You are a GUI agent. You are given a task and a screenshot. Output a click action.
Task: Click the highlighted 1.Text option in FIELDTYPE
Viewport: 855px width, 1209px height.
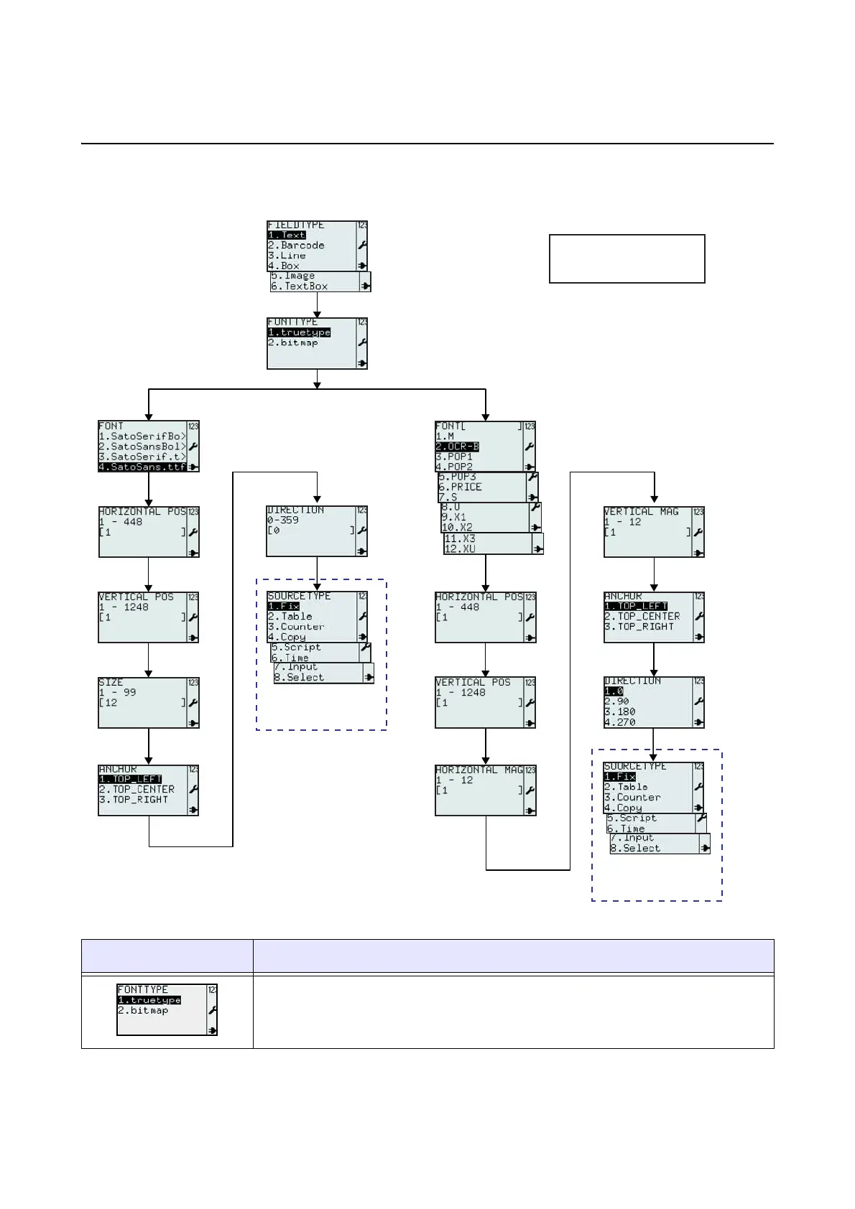tap(287, 235)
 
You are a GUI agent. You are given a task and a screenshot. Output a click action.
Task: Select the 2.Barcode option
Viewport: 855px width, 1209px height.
tap(296, 245)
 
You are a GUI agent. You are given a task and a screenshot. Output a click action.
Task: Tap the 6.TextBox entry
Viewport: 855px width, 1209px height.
tap(299, 286)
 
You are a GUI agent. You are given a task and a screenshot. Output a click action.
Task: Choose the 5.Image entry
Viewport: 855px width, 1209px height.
tap(292, 276)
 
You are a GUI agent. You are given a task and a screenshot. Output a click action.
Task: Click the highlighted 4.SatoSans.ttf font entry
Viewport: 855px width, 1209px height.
tap(142, 467)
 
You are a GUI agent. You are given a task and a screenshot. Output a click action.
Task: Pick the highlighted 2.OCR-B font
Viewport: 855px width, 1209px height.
tap(457, 447)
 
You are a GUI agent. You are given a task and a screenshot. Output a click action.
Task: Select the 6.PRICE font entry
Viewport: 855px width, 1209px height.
tap(460, 487)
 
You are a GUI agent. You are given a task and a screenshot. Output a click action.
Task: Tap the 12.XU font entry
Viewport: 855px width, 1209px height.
tap(460, 549)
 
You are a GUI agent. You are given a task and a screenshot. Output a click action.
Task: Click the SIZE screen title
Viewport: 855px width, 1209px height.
tap(111, 682)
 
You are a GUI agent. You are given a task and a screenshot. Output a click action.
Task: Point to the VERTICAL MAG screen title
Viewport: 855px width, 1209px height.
tap(641, 512)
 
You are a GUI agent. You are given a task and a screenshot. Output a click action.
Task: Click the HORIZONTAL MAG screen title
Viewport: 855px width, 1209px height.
tap(479, 770)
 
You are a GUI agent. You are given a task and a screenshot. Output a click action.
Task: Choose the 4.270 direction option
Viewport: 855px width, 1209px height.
tap(620, 722)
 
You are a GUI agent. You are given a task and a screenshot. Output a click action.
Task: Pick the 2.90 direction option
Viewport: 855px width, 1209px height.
tap(616, 701)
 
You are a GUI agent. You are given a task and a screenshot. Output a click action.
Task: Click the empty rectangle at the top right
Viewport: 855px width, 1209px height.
tap(627, 258)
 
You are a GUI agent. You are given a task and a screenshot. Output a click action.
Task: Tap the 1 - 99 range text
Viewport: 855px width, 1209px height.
tap(117, 692)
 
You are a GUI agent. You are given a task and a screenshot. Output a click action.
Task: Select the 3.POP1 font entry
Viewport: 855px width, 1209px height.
tap(454, 457)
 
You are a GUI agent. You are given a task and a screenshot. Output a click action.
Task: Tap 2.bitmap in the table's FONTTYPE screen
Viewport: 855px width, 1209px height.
tap(143, 1010)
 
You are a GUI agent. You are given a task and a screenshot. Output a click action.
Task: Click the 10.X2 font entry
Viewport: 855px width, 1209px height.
tap(457, 527)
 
